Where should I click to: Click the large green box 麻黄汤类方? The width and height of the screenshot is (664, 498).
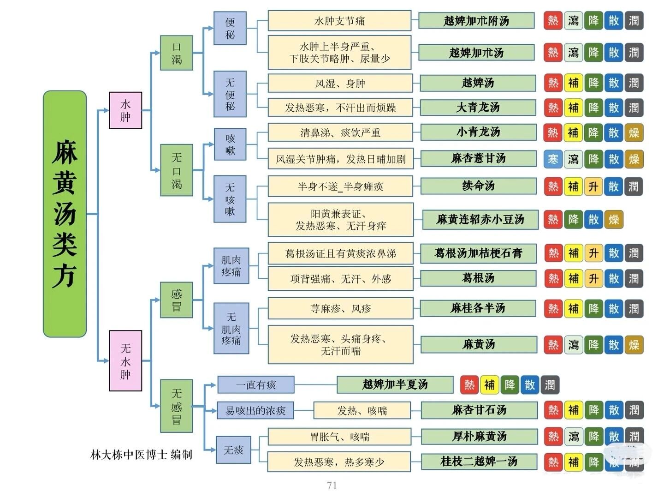(65, 214)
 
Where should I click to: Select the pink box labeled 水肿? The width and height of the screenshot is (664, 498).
(125, 110)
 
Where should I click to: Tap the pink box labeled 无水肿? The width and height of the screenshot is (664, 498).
(125, 360)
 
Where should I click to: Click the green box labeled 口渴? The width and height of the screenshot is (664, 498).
(177, 53)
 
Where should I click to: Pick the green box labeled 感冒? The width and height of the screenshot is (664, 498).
(177, 300)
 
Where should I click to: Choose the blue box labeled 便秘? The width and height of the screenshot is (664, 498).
(230, 28)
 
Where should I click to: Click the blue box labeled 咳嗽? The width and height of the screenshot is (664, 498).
(230, 144)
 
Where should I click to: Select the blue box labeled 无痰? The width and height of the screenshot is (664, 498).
(233, 450)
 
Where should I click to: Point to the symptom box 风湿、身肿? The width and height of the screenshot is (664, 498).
(340, 84)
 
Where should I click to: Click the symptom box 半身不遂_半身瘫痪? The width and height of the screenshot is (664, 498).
(340, 186)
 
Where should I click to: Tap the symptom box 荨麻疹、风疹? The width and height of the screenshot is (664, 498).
(340, 308)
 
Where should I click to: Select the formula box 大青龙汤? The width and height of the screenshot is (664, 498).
(478, 108)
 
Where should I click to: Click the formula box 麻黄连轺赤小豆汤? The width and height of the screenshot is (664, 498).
(480, 219)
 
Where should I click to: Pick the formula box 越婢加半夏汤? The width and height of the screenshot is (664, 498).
(395, 384)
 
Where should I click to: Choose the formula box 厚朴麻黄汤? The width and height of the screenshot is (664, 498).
(479, 436)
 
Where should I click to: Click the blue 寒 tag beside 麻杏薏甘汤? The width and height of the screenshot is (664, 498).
(553, 159)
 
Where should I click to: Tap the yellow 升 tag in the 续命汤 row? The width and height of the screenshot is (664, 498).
(593, 186)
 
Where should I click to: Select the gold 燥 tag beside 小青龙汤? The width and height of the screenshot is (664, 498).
(634, 132)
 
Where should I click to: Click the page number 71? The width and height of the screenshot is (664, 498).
(332, 485)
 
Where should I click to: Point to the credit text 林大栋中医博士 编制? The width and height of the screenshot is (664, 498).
(141, 455)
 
